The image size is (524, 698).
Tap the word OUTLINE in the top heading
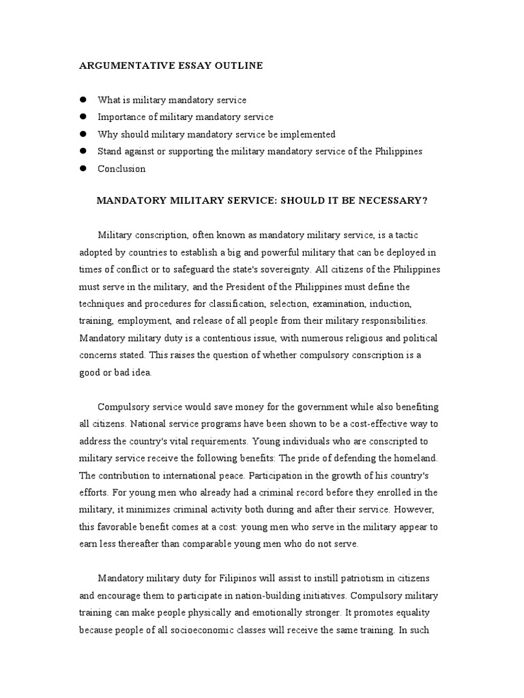point(238,66)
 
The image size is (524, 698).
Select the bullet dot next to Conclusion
point(83,168)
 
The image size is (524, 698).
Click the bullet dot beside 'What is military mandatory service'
point(83,100)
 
